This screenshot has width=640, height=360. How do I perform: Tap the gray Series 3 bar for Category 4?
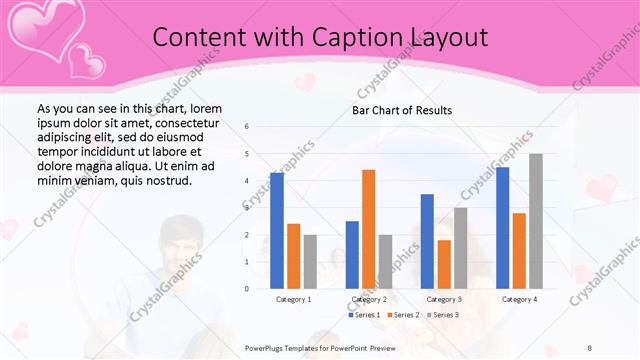[x=536, y=221]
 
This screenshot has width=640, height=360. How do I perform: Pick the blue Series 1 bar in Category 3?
[x=427, y=241]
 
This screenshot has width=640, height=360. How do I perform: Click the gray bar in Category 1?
[x=310, y=262]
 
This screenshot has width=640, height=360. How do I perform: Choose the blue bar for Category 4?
[x=502, y=228]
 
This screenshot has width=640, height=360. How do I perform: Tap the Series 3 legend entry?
[x=444, y=315]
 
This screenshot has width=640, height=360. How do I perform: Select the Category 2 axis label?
[x=369, y=299]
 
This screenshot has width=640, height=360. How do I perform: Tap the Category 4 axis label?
[x=519, y=299]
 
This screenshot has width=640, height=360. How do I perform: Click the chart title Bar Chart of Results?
[x=402, y=110]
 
